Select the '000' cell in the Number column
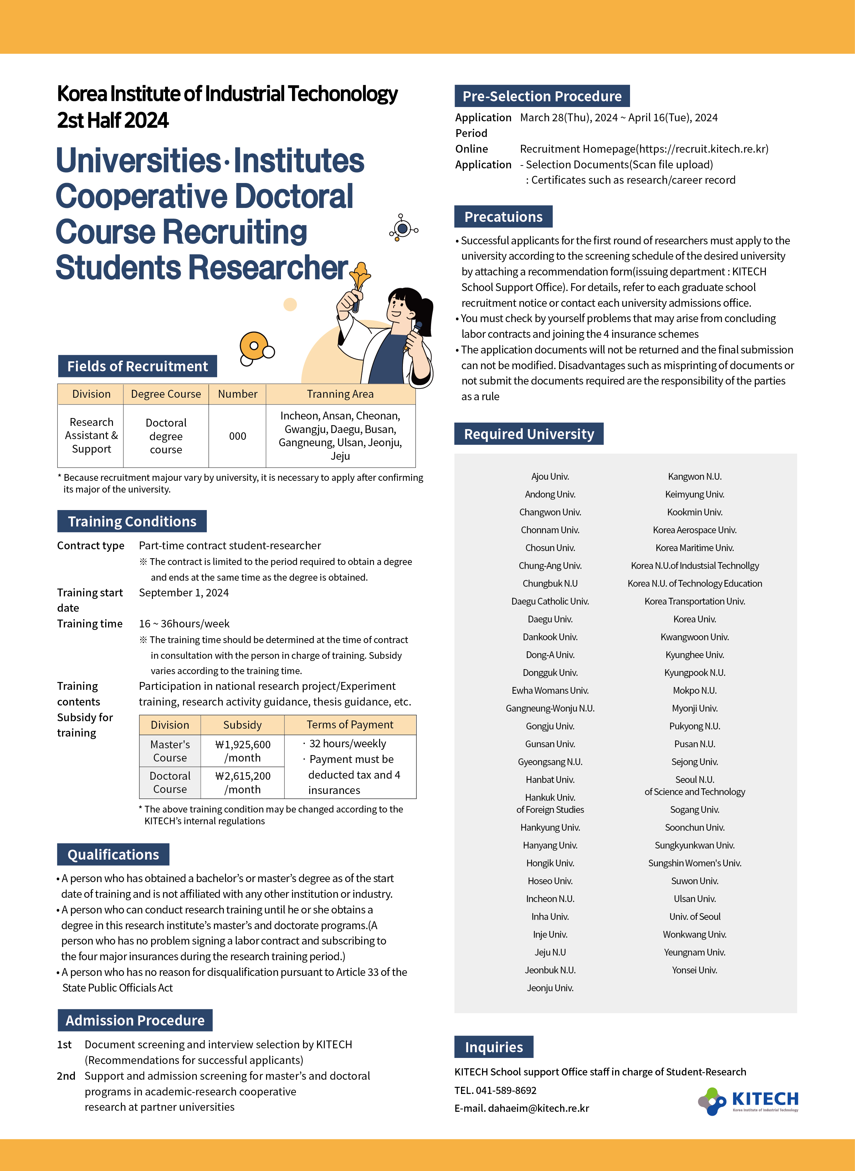(237, 436)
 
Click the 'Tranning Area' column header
(340, 394)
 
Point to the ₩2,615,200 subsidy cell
(243, 782)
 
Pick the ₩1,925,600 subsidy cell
(243, 750)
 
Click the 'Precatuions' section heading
(503, 217)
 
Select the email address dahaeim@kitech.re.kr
(538, 1108)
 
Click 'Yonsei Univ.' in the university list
(695, 969)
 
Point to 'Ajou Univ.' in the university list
(550, 476)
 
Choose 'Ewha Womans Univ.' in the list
(550, 690)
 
